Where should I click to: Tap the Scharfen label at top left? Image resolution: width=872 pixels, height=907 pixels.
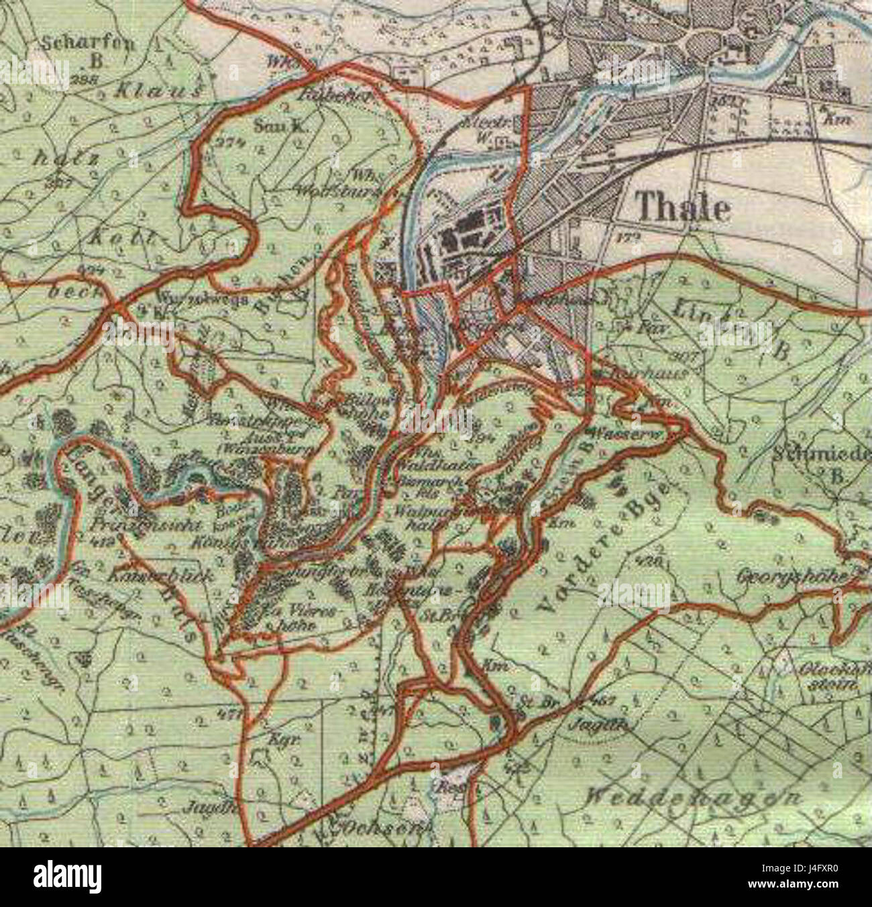(88, 44)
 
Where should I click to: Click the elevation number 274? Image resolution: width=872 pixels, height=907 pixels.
(229, 142)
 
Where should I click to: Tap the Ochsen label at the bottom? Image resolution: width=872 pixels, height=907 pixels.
(383, 826)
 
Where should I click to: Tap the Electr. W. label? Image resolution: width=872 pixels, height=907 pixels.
(486, 129)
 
